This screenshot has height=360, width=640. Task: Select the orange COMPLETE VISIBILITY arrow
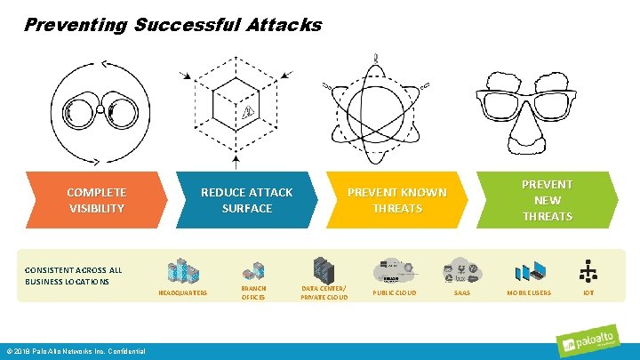(96, 200)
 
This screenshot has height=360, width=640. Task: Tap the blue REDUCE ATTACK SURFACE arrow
(246, 200)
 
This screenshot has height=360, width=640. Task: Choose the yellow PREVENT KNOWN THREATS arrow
(396, 200)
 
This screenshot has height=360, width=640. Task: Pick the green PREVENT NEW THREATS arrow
(547, 200)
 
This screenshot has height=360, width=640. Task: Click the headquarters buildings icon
(182, 270)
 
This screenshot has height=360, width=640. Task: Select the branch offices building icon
(253, 271)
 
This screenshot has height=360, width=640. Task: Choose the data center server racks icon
(324, 268)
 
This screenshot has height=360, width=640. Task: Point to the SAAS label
(462, 292)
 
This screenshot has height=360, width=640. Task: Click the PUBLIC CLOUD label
(395, 292)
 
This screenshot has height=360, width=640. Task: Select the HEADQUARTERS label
(182, 292)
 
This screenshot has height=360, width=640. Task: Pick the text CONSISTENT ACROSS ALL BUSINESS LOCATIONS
(74, 276)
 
